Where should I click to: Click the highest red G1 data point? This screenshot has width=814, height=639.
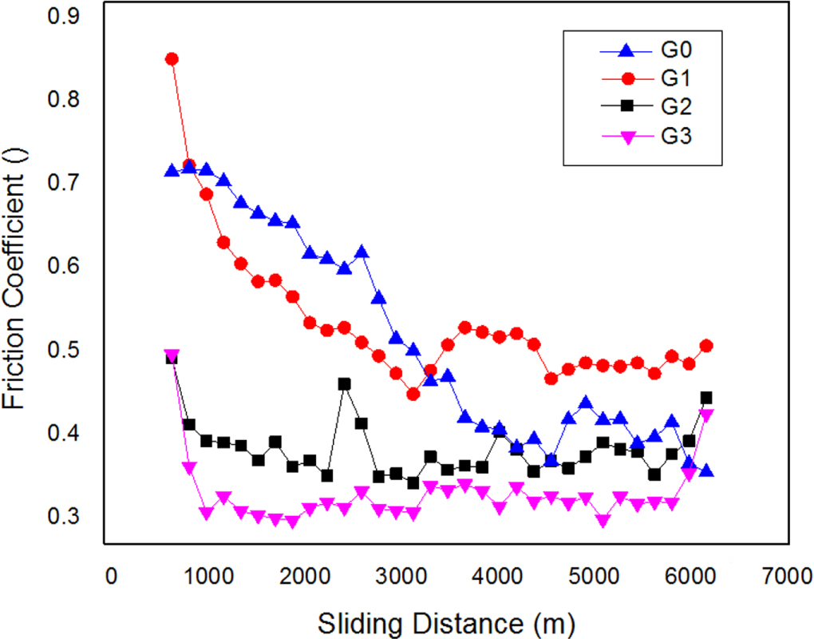[172, 59]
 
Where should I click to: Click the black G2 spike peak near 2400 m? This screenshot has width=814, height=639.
[345, 384]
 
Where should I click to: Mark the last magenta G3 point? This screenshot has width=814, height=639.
[706, 415]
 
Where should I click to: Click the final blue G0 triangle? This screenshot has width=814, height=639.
[706, 470]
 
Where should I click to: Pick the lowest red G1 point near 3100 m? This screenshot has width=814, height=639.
[413, 394]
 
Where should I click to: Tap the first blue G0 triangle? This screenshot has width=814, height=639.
[172, 171]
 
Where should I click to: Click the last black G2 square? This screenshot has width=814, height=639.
[706, 398]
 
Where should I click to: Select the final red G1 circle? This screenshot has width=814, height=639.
[706, 346]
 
